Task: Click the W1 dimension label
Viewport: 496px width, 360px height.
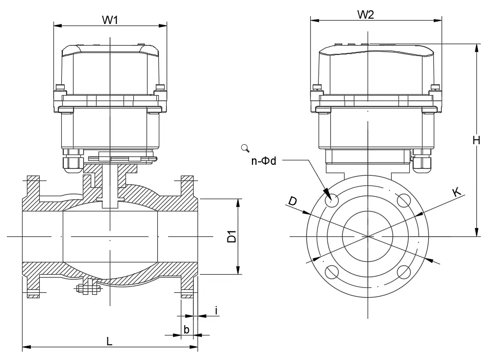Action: [x=110, y=20]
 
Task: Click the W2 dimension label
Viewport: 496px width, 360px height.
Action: [x=366, y=14]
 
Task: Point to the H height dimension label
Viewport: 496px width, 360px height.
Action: [x=476, y=140]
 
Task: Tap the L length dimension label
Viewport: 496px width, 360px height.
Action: [x=109, y=341]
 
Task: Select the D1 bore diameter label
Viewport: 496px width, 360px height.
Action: [x=232, y=236]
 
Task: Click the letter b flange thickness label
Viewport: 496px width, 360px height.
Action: [x=186, y=329]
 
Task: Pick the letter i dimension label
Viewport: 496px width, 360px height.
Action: [x=216, y=310]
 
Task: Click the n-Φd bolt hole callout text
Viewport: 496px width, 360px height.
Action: [x=264, y=161]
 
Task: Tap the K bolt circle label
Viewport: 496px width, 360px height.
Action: [x=456, y=192]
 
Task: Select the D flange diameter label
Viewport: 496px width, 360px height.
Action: [x=293, y=201]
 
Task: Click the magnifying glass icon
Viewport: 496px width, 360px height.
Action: [x=245, y=148]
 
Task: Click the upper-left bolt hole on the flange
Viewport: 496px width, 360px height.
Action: [x=332, y=200]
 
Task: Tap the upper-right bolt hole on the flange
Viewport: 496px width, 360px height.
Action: [x=403, y=200]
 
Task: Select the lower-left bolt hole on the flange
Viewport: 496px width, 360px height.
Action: [x=332, y=272]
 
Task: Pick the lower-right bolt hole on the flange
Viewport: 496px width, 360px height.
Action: [x=403, y=272]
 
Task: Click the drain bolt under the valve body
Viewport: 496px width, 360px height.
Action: [x=88, y=289]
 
